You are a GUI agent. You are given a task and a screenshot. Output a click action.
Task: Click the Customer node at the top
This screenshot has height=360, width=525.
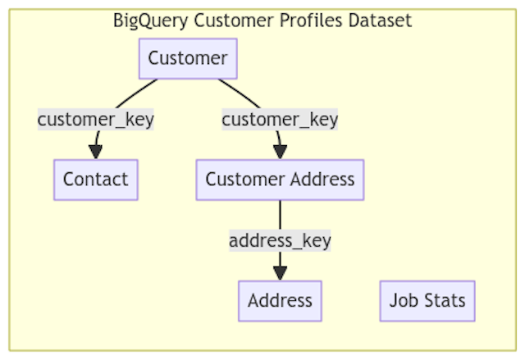coord(187,58)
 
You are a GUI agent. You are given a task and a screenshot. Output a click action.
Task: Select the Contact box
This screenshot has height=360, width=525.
coord(96,180)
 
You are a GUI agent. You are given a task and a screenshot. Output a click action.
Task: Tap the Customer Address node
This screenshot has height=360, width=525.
coord(280,180)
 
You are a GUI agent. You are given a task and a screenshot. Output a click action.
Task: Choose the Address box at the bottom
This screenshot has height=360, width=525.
coord(280,300)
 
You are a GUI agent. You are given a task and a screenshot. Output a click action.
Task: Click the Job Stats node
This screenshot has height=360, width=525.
coord(427,300)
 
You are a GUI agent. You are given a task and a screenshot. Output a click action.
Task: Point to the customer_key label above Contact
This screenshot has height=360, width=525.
coord(96,119)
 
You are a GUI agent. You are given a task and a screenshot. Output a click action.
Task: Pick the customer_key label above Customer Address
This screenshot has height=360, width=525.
coord(280,119)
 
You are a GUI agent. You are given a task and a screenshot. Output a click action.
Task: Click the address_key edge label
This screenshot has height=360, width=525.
coord(280,240)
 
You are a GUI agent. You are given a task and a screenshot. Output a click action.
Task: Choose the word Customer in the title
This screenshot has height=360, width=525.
coord(230,21)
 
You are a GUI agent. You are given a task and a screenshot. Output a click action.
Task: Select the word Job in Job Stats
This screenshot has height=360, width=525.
coord(402,300)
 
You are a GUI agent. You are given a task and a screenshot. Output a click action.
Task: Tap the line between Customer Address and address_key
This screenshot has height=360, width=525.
coord(280,214)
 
